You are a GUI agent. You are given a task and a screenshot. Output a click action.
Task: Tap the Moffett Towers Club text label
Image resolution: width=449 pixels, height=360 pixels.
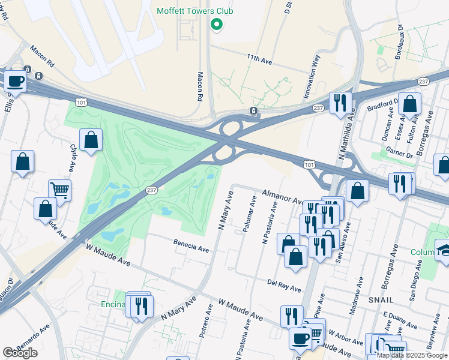(x=194, y=11)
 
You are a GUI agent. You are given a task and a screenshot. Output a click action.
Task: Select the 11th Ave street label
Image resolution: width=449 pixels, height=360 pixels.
(x=259, y=58)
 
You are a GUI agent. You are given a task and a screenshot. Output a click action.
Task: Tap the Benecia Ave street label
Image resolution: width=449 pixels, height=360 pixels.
(x=191, y=245)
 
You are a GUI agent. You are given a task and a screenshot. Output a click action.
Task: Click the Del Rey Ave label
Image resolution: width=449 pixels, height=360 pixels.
(x=284, y=284)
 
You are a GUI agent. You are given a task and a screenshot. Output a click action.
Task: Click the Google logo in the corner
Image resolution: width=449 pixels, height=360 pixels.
(x=20, y=353)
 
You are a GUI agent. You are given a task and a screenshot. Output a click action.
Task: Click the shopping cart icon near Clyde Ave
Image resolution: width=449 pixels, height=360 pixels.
(x=59, y=190)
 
